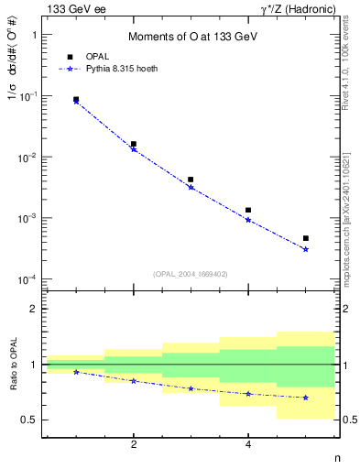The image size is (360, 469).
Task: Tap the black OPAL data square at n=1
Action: pyautogui.click(x=76, y=99)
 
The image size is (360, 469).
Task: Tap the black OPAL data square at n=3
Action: pyautogui.click(x=191, y=180)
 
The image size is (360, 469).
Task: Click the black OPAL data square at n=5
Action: pyautogui.click(x=306, y=238)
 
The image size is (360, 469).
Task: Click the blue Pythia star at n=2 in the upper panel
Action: pyautogui.click(x=134, y=149)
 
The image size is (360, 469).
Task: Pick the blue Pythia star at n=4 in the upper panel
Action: pyautogui.click(x=248, y=220)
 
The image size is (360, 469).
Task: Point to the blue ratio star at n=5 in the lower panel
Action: pyautogui.click(x=306, y=398)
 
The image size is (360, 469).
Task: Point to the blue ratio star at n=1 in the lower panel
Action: pyautogui.click(x=76, y=372)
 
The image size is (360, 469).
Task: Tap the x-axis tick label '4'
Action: pyautogui.click(x=248, y=445)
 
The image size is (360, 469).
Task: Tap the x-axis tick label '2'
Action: pyautogui.click(x=134, y=445)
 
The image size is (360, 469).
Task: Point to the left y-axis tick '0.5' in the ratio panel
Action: pyautogui.click(x=31, y=420)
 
